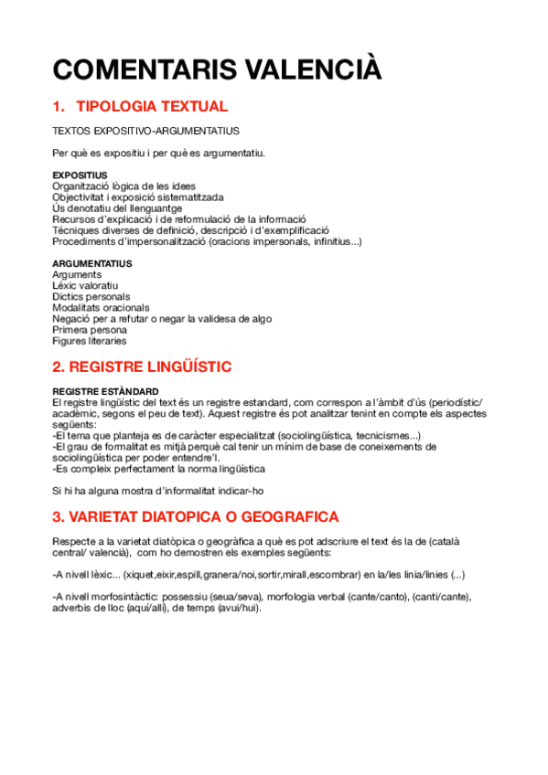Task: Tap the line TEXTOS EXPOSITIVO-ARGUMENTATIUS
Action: tap(145, 131)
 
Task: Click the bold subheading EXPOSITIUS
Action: tap(80, 175)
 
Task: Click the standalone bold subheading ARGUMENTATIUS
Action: tap(91, 263)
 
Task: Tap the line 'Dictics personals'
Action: tap(91, 296)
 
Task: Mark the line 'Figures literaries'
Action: tap(90, 341)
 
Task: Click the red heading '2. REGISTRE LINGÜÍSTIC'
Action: tap(155, 366)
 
